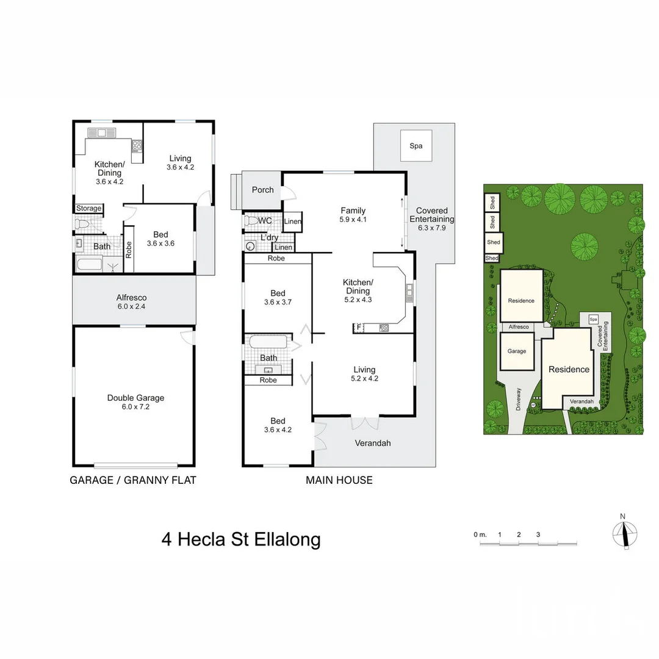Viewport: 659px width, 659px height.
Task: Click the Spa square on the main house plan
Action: point(416,145)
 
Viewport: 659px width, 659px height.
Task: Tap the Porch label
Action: point(262,190)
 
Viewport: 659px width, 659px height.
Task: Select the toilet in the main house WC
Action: point(251,221)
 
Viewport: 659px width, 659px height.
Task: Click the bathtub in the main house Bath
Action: point(268,341)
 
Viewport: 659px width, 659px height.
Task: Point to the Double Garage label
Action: point(135,398)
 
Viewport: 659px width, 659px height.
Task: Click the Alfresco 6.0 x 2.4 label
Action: point(132,302)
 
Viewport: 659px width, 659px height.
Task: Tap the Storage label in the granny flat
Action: point(88,208)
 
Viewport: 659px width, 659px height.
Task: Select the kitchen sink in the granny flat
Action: point(101,133)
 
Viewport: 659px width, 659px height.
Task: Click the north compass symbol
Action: point(625,535)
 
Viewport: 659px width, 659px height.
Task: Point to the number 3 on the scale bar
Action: point(538,535)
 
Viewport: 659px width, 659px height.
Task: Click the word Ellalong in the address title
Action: point(287,539)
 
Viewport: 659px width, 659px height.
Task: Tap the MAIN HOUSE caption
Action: point(339,480)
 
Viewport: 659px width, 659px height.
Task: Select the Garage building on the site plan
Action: point(517,351)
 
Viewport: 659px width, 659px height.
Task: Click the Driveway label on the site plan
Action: point(518,399)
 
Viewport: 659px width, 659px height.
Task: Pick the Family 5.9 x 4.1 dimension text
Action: point(353,220)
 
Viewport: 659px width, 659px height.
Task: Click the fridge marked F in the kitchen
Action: point(359,328)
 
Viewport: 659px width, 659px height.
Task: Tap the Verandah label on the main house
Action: point(373,443)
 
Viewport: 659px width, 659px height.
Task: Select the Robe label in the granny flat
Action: point(129,250)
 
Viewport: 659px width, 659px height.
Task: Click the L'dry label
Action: point(270,237)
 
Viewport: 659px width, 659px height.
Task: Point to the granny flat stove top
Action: point(137,145)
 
